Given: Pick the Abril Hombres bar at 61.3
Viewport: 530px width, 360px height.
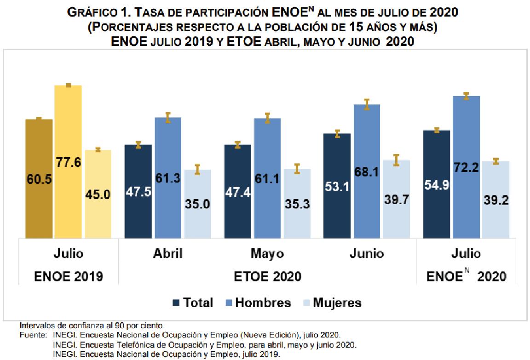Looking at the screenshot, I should tap(168, 177).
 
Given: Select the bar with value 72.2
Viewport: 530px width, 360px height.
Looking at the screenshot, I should tap(466, 166).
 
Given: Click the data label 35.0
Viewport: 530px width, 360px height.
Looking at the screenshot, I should tap(197, 204).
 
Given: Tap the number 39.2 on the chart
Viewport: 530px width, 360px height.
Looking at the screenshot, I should tap(496, 200).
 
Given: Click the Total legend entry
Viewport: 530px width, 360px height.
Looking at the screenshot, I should tap(193, 303).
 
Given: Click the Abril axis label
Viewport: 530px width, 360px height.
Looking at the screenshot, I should tap(167, 254).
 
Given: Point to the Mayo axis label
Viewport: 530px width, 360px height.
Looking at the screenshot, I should tap(267, 254).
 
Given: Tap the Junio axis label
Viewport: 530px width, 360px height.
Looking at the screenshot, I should tap(367, 254).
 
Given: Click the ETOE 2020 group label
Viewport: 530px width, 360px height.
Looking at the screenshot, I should tap(268, 276).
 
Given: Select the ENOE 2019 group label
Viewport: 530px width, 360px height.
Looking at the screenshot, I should tap(69, 276).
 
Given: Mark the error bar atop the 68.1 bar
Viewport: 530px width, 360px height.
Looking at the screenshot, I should tap(367, 104).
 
